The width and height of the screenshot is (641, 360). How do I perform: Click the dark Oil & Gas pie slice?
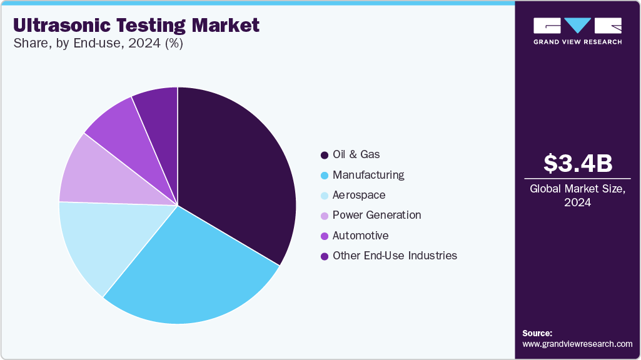pos(238,169)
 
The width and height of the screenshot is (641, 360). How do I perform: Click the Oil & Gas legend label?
pos(356,154)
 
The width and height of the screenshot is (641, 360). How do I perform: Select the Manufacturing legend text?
pos(368,175)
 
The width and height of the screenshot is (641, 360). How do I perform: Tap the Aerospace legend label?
pos(359,195)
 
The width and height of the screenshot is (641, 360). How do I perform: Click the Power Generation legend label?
pos(376,215)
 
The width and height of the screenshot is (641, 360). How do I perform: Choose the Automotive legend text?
pos(360,236)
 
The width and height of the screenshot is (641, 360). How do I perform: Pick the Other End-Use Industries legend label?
pos(395,256)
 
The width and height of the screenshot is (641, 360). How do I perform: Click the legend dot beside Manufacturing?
pos(324,175)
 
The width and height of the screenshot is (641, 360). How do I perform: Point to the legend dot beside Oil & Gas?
pos(324,155)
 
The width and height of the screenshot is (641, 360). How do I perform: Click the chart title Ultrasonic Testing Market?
pos(136,25)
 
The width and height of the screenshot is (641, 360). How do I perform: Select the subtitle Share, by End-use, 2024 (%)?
pos(98,44)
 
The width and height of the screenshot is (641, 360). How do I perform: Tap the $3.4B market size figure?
pos(577,163)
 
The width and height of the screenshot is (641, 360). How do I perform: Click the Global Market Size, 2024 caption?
pos(577,195)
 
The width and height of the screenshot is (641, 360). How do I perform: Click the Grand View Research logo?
pos(577,30)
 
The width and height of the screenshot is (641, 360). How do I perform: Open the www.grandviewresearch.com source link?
pos(577,344)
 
